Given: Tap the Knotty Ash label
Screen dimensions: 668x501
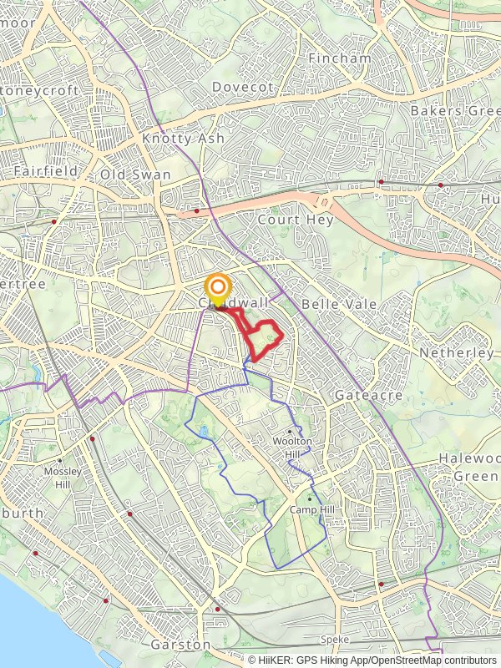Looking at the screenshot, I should click(183, 138).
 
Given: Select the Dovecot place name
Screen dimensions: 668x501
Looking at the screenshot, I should click(243, 86).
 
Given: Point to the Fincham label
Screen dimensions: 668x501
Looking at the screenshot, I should click(340, 58).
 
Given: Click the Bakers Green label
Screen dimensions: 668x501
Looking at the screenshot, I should click(454, 110).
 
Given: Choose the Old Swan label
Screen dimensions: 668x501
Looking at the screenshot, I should click(135, 175).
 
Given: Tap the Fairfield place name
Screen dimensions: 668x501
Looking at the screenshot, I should click(45, 170).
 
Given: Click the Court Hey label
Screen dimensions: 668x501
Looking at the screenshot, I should click(296, 220).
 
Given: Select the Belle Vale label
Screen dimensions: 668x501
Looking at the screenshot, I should click(339, 304).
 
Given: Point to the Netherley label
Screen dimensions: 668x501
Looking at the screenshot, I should click(457, 353).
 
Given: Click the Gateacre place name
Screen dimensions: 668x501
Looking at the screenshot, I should click(369, 394).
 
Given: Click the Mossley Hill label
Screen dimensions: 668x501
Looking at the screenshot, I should click(63, 476).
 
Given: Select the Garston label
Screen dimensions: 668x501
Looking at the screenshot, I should click(180, 645).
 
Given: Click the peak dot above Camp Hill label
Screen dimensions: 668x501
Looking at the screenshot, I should click(308, 499).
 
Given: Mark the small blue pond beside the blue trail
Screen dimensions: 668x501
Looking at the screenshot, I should click(203, 431).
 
